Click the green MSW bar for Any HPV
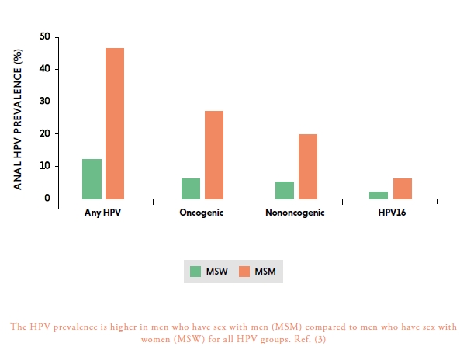click(x=92, y=179)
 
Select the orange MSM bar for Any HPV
click(x=115, y=123)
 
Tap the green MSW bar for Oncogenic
click(x=191, y=189)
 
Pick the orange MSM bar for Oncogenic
click(x=214, y=155)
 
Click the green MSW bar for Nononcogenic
click(x=285, y=190)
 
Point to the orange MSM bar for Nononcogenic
click(x=308, y=167)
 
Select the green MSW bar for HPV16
click(x=379, y=196)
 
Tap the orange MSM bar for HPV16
click(x=403, y=189)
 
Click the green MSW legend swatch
click(x=195, y=272)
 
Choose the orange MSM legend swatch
click(x=244, y=272)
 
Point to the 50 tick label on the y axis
click(x=45, y=36)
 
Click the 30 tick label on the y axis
click(x=45, y=101)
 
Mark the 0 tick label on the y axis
click(x=47, y=198)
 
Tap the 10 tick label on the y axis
click(x=45, y=166)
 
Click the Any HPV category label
click(x=102, y=213)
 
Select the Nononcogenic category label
click(x=295, y=213)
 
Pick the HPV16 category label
click(x=392, y=213)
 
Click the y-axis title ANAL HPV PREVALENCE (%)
click(x=18, y=119)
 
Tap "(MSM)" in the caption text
click(x=286, y=327)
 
